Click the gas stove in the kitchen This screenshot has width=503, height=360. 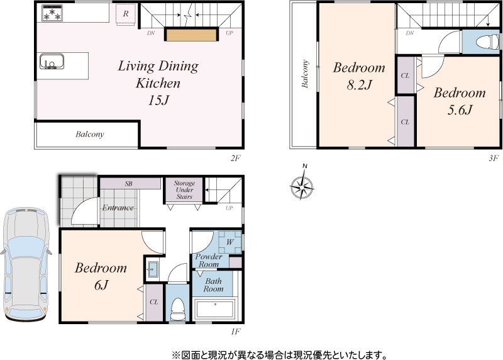click(52, 13)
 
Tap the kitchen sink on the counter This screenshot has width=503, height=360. click(52, 62)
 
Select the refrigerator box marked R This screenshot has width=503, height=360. click(126, 14)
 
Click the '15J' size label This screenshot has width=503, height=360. click(158, 101)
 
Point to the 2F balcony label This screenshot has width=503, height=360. click(90, 134)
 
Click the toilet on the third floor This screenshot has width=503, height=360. click(487, 42)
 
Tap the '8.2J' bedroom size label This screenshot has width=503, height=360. click(359, 85)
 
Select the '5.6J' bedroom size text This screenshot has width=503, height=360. click(460, 110)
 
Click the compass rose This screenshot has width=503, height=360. click(302, 186)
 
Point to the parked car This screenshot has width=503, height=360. click(26, 264)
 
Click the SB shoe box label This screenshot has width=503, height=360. click(129, 184)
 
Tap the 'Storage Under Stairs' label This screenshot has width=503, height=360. click(184, 190)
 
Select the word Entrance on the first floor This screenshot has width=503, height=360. click(118, 208)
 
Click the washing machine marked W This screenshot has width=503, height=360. click(230, 242)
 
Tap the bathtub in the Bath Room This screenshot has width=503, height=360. click(215, 309)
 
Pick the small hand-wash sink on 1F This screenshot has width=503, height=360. click(152, 269)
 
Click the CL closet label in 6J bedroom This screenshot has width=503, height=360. click(154, 302)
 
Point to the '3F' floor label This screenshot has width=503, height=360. click(494, 158)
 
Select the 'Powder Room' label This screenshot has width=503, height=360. click(209, 261)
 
